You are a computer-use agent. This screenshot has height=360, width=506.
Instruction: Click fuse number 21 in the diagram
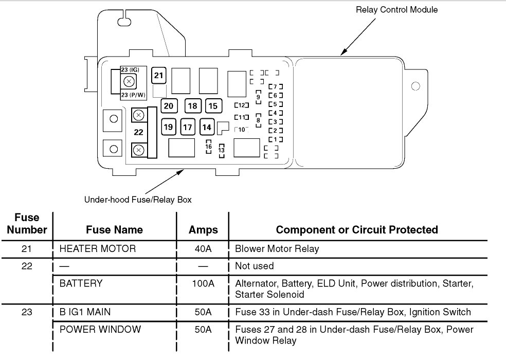click(x=159, y=76)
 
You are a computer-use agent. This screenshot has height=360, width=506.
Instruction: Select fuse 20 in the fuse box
click(x=169, y=106)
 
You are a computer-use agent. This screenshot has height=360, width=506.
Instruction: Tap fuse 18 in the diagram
click(x=192, y=106)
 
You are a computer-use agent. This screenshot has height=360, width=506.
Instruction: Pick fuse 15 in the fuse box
click(x=212, y=106)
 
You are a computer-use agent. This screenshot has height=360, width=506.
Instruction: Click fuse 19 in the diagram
click(x=168, y=127)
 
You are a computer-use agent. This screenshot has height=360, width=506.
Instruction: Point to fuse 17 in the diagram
click(x=188, y=127)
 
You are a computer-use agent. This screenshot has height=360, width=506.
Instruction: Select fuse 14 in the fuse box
click(x=207, y=127)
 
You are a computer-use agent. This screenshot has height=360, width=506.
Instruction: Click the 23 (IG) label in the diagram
click(x=130, y=69)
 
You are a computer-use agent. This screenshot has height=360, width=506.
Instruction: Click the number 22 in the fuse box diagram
click(x=138, y=132)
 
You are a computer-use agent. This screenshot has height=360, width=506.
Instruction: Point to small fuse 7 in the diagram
click(x=276, y=86)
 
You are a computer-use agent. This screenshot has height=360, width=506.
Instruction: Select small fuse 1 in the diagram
click(x=276, y=139)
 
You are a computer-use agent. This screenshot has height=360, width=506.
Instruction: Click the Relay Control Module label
click(x=397, y=9)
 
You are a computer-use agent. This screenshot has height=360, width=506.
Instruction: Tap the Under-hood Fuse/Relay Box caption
click(x=138, y=200)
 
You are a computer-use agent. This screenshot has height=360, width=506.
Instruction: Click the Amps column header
click(x=203, y=229)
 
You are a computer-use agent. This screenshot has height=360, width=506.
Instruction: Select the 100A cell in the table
click(x=203, y=283)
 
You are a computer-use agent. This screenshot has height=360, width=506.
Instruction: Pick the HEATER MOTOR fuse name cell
click(x=98, y=249)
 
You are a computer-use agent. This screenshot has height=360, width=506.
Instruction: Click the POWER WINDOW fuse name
click(x=100, y=329)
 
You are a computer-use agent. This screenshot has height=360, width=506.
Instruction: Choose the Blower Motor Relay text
click(x=277, y=249)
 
